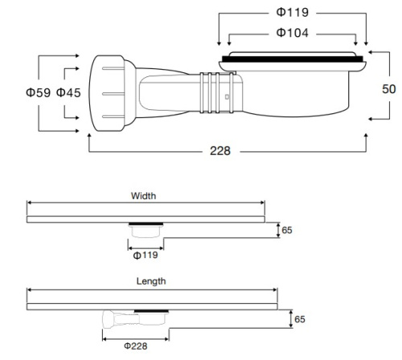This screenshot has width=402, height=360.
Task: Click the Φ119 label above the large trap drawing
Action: [x=292, y=14]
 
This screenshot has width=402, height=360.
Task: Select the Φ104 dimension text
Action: [x=292, y=33]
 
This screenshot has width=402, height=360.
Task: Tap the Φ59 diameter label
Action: [x=38, y=93]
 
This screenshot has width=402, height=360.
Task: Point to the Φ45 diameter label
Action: [x=68, y=93]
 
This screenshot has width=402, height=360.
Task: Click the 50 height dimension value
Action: [x=388, y=88]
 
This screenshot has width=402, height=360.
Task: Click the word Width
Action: [x=143, y=195]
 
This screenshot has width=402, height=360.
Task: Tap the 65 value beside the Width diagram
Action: [x=287, y=231]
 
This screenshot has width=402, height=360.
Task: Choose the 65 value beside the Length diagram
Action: [x=299, y=319]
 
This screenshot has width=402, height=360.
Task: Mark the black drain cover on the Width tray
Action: [x=145, y=223]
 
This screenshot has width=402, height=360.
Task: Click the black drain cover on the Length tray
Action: [x=152, y=309]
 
